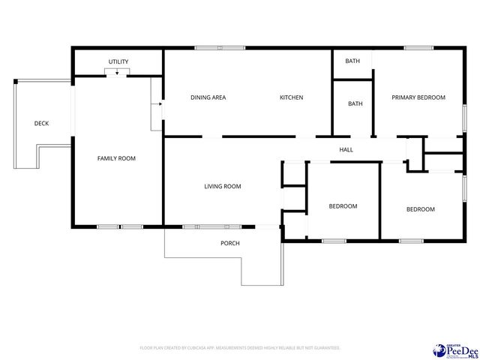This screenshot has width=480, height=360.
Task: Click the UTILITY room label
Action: (118, 61)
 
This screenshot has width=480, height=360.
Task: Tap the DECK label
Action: (41, 123)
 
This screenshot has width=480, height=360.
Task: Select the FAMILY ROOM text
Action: (116, 158)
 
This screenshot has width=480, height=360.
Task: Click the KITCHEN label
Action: (291, 97)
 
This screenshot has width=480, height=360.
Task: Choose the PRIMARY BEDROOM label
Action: (418, 97)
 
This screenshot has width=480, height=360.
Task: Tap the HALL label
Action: (346, 150)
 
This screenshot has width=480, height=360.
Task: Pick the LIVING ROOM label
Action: (222, 187)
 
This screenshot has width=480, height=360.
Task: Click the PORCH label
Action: (229, 243)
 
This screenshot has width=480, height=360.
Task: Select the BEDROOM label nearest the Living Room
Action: (343, 206)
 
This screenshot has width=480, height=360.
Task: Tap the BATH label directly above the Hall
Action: (355, 104)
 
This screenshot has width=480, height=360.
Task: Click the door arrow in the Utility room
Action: (116, 73)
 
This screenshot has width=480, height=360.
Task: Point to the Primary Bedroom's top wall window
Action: (418, 48)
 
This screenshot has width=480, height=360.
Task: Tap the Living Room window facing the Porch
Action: (212, 226)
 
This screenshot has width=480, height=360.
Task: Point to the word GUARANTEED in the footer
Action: (325, 348)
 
